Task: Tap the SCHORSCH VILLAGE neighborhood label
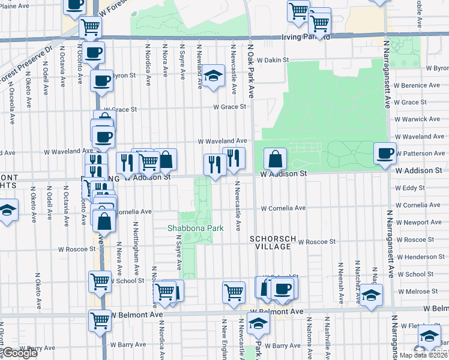point(273,242)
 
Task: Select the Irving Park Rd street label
point(306,37)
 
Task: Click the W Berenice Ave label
point(418,86)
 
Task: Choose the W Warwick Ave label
point(419,119)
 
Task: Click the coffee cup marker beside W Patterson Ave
point(385,152)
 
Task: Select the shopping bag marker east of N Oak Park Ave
point(275,159)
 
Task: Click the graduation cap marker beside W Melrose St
point(372,295)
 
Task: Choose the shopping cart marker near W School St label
point(100,281)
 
